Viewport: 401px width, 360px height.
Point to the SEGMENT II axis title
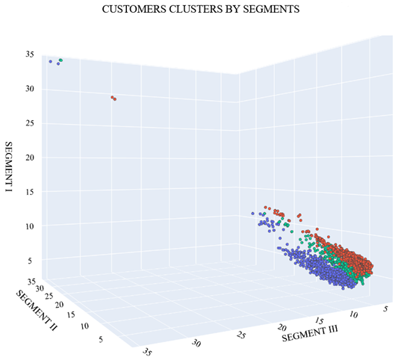click(36, 309)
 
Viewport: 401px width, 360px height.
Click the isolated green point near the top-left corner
click(60, 60)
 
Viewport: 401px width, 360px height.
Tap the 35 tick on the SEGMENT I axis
click(29, 55)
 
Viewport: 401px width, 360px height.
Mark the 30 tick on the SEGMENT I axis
click(29, 89)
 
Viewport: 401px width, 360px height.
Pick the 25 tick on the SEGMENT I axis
click(29, 123)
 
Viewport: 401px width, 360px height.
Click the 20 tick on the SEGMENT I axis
click(29, 158)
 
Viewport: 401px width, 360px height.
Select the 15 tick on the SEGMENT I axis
click(29, 192)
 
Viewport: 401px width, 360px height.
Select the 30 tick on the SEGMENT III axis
click(197, 343)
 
